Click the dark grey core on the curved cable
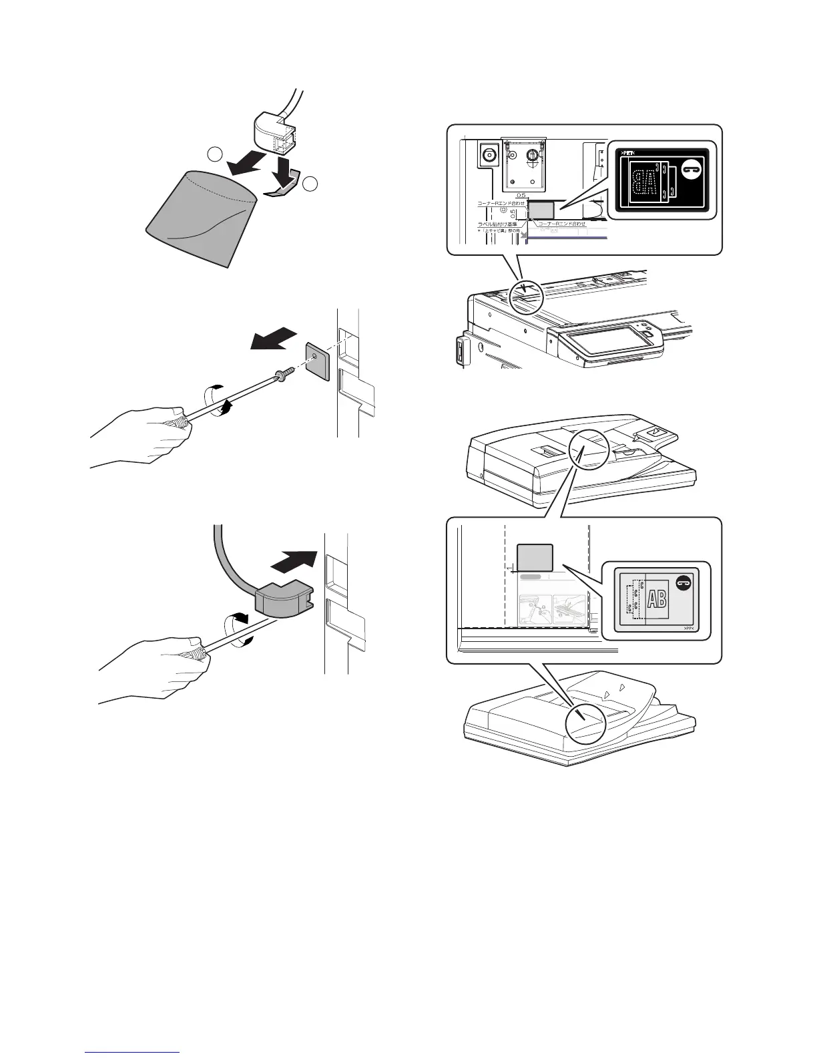pyautogui.click(x=278, y=601)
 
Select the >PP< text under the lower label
pyautogui.click(x=688, y=629)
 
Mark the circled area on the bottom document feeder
pyautogui.click(x=585, y=725)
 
